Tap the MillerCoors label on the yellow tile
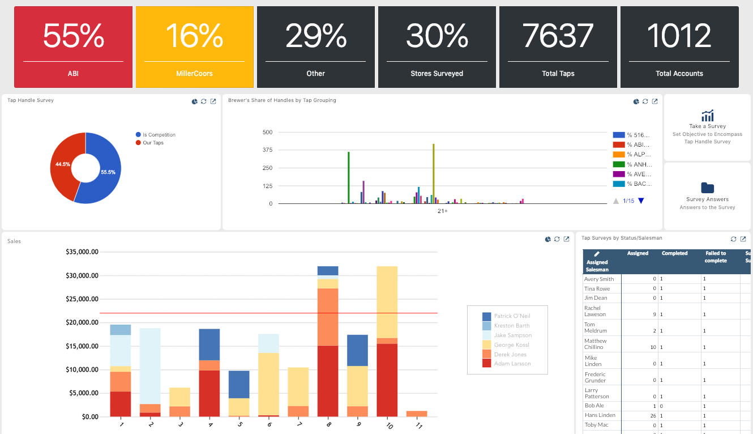click(194, 73)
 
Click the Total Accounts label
click(679, 73)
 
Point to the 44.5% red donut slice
click(63, 164)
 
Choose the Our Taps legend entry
click(153, 143)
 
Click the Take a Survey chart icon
click(707, 115)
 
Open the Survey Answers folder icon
click(707, 188)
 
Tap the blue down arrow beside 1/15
click(641, 201)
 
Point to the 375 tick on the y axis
click(267, 150)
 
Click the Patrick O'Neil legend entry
click(511, 316)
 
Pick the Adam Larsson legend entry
click(512, 364)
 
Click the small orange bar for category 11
click(417, 414)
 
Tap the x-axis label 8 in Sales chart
click(328, 424)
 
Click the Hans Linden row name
click(600, 415)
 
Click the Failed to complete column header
click(716, 257)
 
